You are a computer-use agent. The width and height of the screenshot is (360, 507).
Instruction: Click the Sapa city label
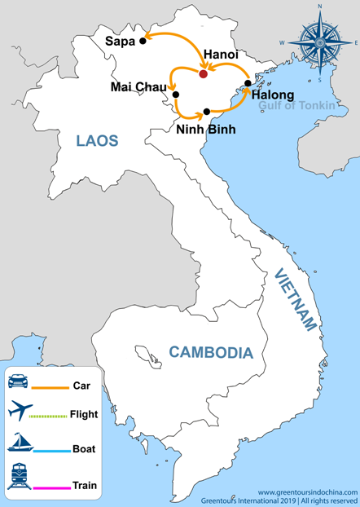click(120, 40)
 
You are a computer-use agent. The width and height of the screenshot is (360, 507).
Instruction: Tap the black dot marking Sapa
click(143, 40)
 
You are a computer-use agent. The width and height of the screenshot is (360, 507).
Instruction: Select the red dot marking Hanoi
click(204, 74)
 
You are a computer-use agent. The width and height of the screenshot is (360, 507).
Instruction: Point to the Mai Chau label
click(139, 87)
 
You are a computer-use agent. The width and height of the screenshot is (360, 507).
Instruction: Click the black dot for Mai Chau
click(176, 95)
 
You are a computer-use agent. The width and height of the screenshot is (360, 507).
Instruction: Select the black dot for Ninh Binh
click(207, 111)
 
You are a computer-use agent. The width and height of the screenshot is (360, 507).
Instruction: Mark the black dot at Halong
click(248, 82)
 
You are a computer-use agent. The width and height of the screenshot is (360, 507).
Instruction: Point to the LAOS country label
click(98, 140)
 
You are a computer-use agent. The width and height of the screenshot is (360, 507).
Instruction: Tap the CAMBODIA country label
click(210, 353)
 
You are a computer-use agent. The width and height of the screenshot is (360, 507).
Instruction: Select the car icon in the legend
click(20, 380)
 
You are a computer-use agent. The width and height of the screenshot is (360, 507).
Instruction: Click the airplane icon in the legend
click(20, 413)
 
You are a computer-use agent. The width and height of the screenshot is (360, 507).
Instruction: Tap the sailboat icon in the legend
click(20, 443)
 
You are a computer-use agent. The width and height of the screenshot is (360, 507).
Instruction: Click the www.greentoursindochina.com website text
click(304, 492)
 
